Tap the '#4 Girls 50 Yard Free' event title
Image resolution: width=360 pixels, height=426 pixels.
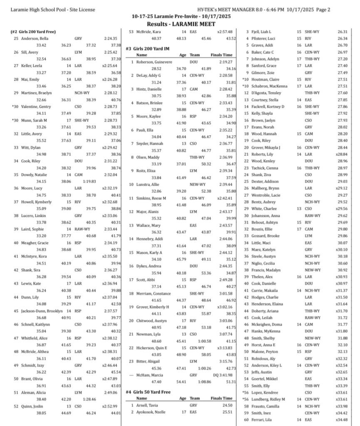pyautogui.click(x=148, y=392)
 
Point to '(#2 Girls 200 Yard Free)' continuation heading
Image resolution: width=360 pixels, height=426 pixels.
pyautogui.click(x=33, y=32)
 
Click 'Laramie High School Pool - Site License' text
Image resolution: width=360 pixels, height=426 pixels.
pyautogui.click(x=53, y=10)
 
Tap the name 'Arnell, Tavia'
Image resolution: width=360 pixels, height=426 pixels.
pyautogui.click(x=148, y=405)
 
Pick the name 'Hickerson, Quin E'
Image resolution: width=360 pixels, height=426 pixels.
pyautogui.click(x=154, y=347)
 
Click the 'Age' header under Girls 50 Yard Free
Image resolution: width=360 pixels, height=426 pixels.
pyautogui.click(x=183, y=398)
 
